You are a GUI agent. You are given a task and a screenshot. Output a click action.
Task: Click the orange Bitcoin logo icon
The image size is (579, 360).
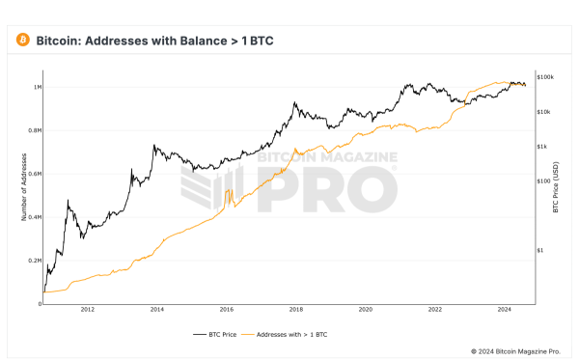point(21,41)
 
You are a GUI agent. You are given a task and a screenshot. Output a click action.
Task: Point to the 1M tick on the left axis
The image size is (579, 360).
point(37,87)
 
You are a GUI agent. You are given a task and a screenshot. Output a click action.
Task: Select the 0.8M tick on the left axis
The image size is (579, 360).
point(35,130)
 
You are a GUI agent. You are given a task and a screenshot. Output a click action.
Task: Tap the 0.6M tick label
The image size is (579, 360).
point(35,174)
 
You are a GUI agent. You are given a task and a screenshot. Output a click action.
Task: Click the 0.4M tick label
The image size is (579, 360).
point(35,217)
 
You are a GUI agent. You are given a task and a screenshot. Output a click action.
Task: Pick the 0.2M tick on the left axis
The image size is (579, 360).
point(35,261)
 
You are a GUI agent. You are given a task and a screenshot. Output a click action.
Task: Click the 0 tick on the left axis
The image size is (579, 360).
point(39,303)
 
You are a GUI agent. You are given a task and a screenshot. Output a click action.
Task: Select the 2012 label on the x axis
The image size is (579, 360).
point(88,310)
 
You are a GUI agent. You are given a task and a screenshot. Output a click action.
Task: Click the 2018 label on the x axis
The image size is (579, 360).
point(296,310)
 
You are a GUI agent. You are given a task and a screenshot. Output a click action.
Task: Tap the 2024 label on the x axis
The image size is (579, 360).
point(505,310)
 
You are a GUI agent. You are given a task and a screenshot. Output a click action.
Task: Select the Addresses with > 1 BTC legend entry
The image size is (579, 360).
point(290,334)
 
